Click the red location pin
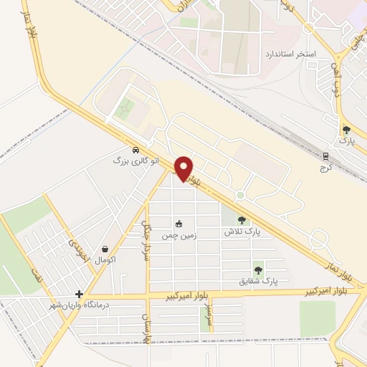tap(184, 168)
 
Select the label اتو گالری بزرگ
tap(129, 161)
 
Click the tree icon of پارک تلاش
tap(242, 220)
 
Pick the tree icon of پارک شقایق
tap(258, 270)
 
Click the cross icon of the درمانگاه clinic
tap(79, 294)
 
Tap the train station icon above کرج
tap(325, 156)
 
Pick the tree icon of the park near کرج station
tap(347, 130)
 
